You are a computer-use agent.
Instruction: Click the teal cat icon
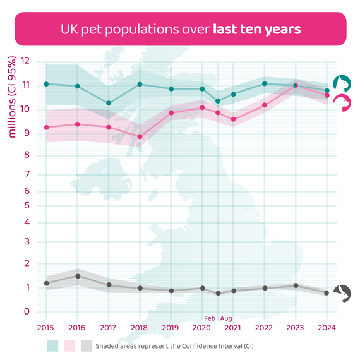tap(342, 83)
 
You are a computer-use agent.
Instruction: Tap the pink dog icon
tap(342, 103)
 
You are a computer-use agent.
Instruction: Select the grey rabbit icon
tap(342, 293)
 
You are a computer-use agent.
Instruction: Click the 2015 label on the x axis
tap(46, 328)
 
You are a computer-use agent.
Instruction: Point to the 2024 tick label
tap(327, 328)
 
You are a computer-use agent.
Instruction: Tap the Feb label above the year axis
tap(210, 319)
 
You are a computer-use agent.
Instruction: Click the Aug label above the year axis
tap(226, 319)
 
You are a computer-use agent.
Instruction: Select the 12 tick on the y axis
tap(25, 62)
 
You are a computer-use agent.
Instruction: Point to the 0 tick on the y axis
tap(27, 311)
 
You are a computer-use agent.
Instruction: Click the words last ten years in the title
tap(256, 29)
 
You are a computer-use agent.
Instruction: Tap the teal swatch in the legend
tap(52, 346)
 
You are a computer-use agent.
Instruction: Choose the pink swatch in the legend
tap(69, 346)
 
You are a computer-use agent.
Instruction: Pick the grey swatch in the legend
tap(86, 346)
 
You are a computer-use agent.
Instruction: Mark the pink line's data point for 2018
tap(140, 136)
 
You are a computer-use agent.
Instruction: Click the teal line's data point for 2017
tap(109, 103)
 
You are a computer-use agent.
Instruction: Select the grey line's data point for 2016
tap(78, 276)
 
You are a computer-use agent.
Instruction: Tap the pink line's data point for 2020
tap(202, 107)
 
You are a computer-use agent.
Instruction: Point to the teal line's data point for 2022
tap(265, 83)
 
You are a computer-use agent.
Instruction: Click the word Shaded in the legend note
tap(107, 346)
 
